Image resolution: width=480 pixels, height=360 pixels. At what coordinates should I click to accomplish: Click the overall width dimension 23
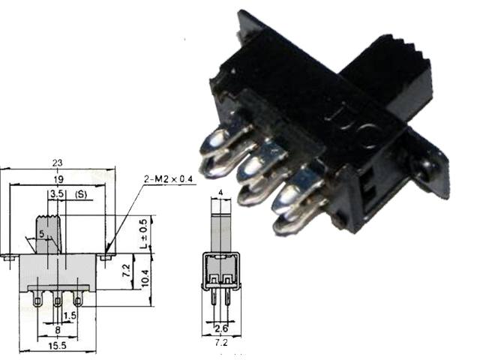[57, 163]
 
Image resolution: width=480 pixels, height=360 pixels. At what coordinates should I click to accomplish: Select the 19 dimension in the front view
[58, 179]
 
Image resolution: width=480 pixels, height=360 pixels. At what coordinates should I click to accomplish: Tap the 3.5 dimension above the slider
[56, 194]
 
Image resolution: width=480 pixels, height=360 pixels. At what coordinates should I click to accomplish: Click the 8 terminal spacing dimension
[58, 328]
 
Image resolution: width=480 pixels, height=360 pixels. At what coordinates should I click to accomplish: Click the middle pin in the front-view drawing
[58, 302]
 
